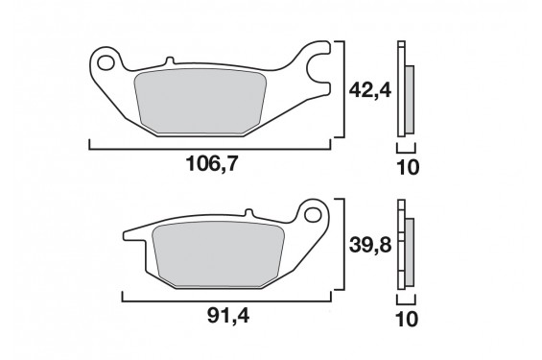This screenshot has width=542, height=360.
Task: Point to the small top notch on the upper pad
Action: click(173, 62)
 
